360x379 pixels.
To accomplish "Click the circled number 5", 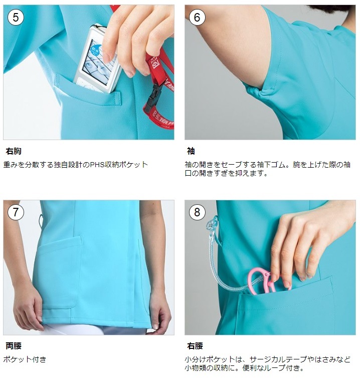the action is [16, 17].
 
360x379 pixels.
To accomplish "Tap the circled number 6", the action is [197, 17].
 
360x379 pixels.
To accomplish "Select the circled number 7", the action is [16, 212].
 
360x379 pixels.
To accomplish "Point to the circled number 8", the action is [197, 212].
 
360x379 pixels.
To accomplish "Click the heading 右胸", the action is [14, 151].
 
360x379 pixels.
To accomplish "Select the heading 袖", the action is [191, 151].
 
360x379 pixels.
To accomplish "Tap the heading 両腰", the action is [14, 346].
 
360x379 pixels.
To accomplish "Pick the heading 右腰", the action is [195, 346].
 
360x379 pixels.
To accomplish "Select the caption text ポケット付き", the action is [25, 359].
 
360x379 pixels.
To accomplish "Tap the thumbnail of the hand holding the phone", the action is [89, 72].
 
